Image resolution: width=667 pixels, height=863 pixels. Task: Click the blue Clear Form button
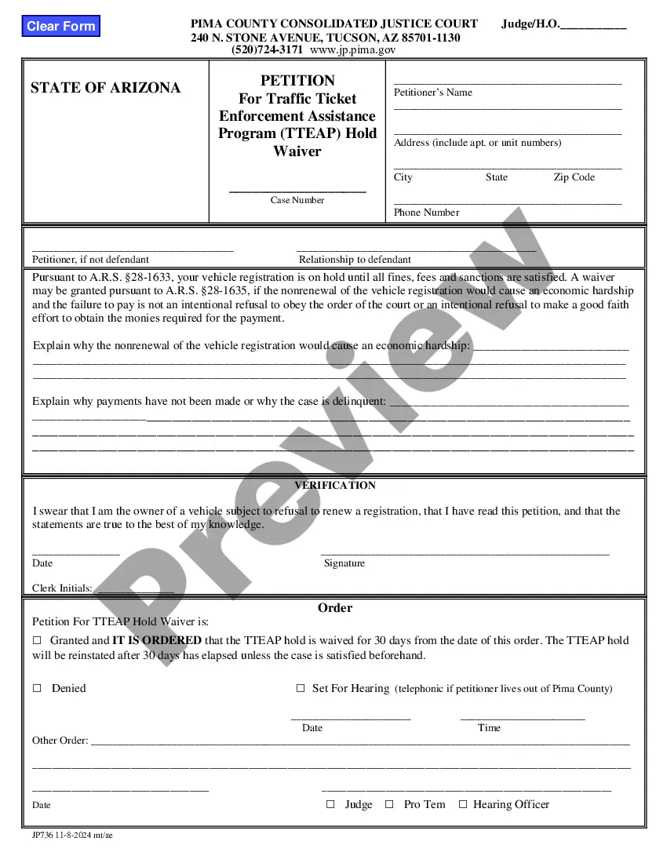coord(60,26)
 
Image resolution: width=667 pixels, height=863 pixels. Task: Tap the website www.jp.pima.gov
coord(352,49)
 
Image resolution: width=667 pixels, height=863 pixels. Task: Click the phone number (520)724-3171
coord(267,49)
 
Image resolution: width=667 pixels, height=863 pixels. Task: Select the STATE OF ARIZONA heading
coord(105,88)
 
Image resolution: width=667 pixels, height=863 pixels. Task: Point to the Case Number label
coord(297,200)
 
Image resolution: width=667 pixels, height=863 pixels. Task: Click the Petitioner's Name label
coord(432,93)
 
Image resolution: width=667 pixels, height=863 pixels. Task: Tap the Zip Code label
coord(574,177)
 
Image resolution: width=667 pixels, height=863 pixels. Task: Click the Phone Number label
coord(426,213)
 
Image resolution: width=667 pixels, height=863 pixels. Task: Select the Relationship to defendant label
coord(355,260)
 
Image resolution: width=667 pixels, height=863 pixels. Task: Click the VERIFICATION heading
coord(335,486)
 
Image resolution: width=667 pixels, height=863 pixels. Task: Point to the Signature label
coord(344,563)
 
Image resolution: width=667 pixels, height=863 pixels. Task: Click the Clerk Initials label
coord(62,588)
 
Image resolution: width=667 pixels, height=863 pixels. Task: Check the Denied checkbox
coord(37,688)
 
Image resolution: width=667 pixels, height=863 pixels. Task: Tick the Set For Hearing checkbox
coord(301,688)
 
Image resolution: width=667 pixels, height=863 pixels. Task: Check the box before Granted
coord(37,641)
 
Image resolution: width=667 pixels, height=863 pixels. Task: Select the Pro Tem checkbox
coord(389,804)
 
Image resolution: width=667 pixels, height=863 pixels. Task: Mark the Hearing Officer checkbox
coord(463,804)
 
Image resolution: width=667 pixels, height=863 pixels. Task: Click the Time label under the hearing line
coord(489,728)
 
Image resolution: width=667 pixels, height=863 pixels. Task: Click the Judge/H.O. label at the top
coord(530,24)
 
